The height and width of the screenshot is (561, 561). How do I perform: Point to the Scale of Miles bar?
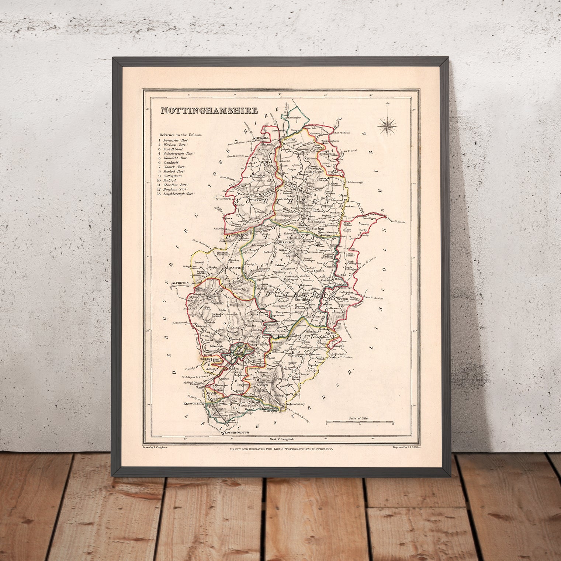pyautogui.click(x=360, y=421)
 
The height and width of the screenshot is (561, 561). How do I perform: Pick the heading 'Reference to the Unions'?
pyautogui.click(x=181, y=135)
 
